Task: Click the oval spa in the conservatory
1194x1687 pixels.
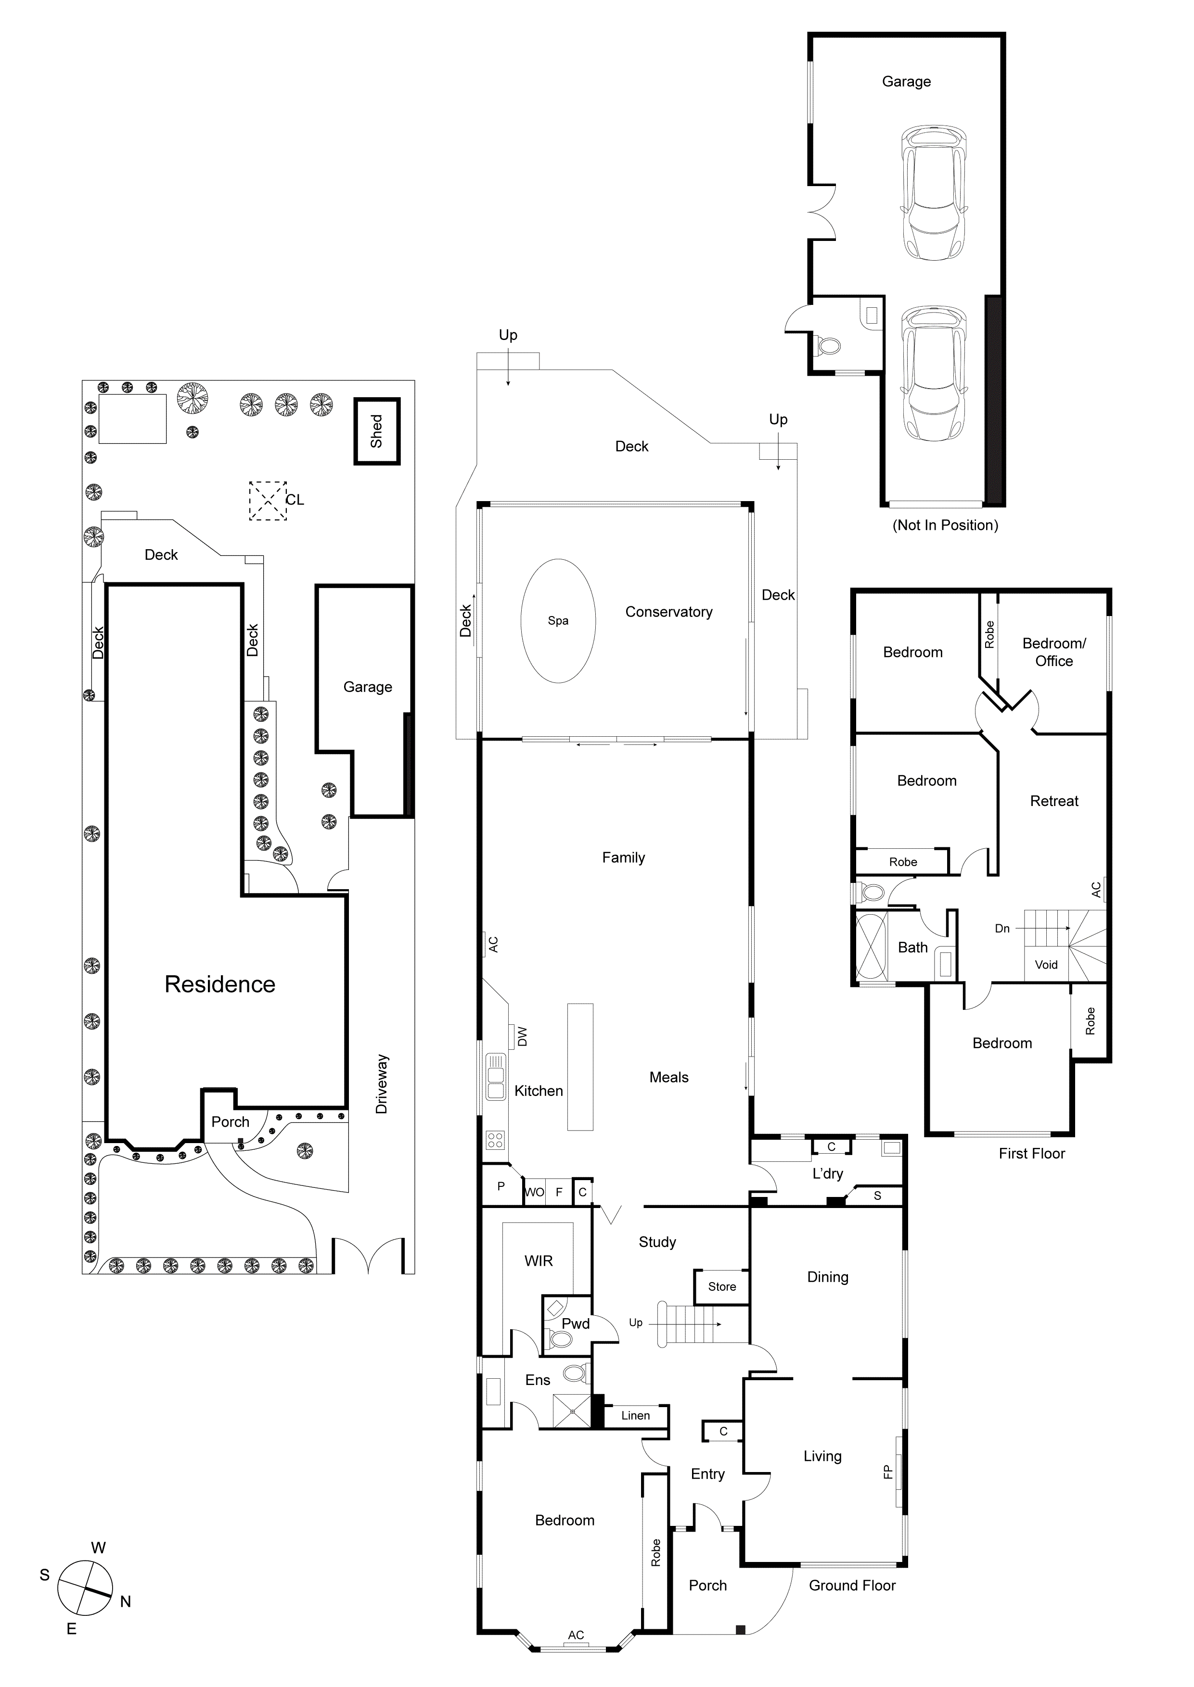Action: [x=558, y=621]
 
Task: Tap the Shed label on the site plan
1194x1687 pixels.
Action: [x=376, y=431]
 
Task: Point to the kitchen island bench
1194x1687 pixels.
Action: [x=579, y=1067]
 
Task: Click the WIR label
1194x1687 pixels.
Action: [x=538, y=1261]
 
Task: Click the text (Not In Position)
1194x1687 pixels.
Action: [x=945, y=525]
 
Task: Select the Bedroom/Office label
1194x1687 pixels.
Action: [x=1053, y=652]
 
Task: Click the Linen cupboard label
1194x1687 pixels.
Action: [x=635, y=1416]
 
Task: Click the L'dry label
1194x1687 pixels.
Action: [x=827, y=1174]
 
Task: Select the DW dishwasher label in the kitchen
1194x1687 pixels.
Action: [x=522, y=1037]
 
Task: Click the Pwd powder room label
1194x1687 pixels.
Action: [x=576, y=1324]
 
